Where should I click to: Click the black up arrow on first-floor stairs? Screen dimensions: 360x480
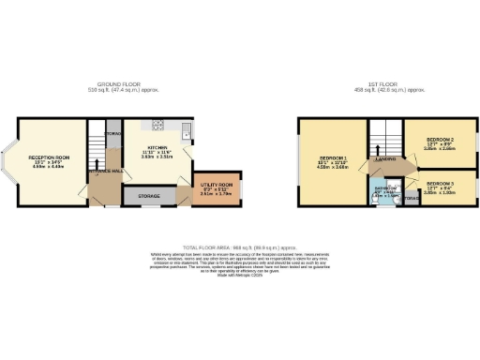tap(379, 146)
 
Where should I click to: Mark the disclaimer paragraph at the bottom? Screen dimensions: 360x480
tap(240, 261)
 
